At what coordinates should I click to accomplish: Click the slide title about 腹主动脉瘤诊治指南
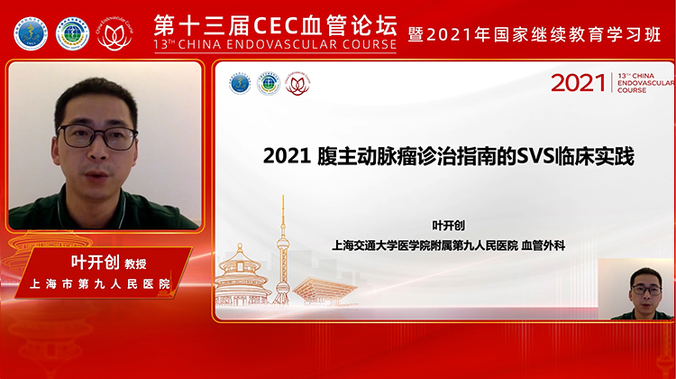[448, 156]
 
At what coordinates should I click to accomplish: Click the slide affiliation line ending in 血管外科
[447, 245]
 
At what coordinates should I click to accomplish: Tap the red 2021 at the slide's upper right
[578, 84]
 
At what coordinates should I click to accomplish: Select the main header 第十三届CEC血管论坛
[275, 22]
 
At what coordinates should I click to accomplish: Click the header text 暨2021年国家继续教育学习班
[535, 33]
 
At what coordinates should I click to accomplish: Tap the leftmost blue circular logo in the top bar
[30, 33]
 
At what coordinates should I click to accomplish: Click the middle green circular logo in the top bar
[72, 33]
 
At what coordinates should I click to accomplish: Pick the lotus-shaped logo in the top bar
[114, 34]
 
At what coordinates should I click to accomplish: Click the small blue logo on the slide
[239, 83]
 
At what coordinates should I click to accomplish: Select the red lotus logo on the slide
[297, 84]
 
